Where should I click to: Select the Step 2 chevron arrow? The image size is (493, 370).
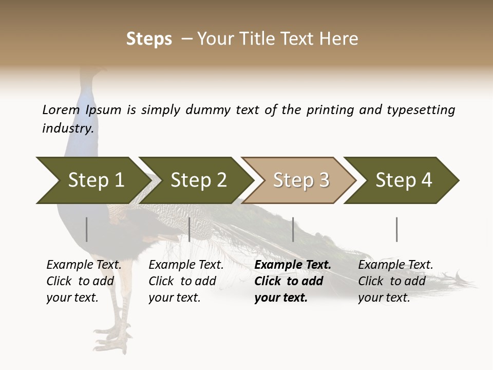(198, 180)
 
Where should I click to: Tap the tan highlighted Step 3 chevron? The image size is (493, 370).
(300, 180)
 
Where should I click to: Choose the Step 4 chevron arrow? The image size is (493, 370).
(403, 180)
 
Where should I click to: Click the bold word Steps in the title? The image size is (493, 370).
(149, 39)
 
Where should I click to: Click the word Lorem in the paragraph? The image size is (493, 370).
(61, 110)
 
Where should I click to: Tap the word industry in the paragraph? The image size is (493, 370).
(67, 128)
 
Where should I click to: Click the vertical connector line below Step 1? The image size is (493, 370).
(87, 229)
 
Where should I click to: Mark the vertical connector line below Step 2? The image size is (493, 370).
(189, 229)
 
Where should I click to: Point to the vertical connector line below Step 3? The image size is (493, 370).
(293, 229)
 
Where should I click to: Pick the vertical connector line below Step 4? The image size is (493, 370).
(397, 229)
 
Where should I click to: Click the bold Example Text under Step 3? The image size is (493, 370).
(293, 265)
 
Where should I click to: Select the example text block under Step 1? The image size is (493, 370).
(84, 281)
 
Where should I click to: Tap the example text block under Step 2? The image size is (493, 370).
(186, 281)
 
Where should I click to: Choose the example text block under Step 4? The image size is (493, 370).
(395, 281)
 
